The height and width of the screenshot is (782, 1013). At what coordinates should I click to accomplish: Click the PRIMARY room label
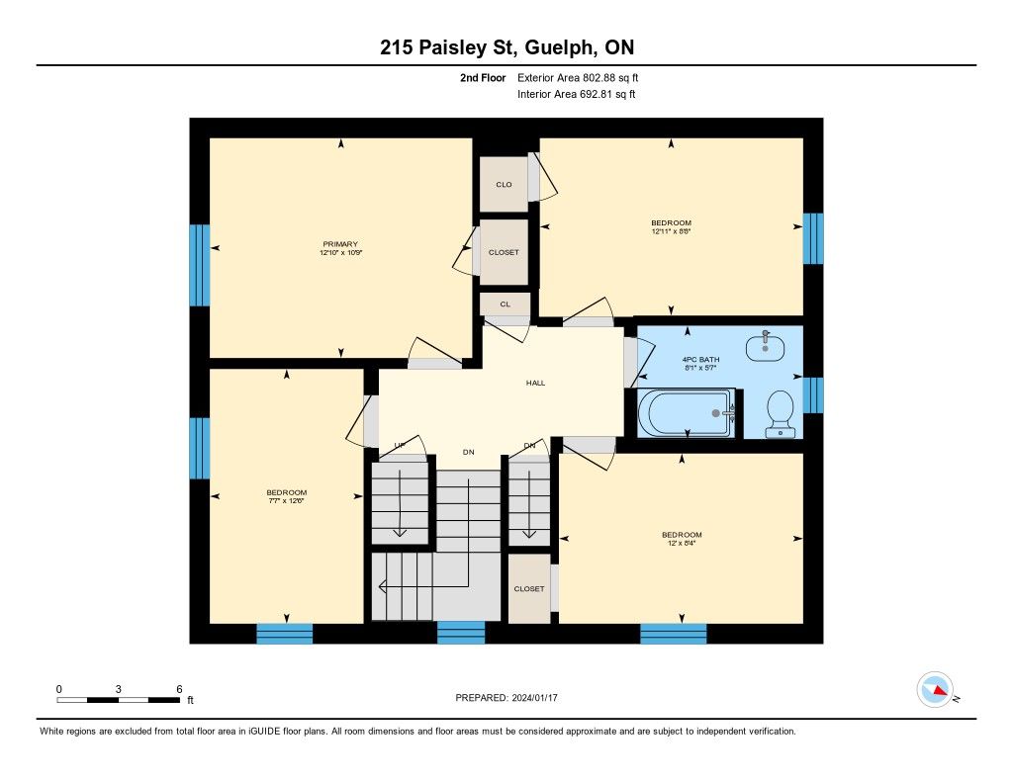(340, 244)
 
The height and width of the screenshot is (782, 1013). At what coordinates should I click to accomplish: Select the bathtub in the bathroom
(687, 412)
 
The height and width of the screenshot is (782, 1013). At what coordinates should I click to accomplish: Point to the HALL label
(535, 383)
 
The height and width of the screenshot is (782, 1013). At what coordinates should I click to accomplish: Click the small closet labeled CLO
(504, 184)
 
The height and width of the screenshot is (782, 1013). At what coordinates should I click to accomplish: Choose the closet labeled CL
(506, 304)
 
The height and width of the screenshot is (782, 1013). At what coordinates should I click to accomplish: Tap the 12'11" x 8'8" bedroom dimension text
(672, 231)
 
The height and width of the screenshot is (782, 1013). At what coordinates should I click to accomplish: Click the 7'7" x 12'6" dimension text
(287, 500)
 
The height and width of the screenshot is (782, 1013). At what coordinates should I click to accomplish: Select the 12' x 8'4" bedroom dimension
(682, 543)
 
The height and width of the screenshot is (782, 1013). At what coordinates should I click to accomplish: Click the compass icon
(935, 690)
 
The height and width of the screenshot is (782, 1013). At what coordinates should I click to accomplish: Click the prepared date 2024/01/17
(534, 697)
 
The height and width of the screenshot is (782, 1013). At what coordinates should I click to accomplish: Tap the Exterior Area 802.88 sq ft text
(578, 77)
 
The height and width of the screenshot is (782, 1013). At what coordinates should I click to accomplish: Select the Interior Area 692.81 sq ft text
(577, 94)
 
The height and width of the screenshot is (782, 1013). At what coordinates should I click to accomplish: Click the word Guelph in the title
(561, 47)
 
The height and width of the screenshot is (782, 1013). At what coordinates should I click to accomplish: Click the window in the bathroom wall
(813, 394)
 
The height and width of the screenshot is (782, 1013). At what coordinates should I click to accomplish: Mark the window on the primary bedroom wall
(200, 265)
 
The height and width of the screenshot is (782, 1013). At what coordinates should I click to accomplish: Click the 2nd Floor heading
(483, 77)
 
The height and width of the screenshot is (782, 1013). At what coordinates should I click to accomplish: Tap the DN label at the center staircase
(468, 452)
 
